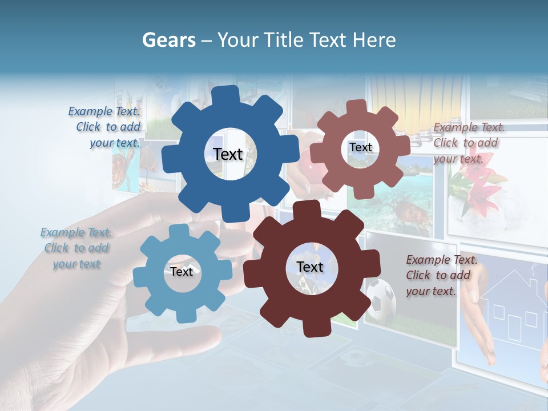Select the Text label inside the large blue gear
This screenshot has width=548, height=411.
[x=228, y=154]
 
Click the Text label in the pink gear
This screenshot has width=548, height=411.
[x=360, y=147]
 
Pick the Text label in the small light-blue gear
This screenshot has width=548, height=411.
[x=182, y=272]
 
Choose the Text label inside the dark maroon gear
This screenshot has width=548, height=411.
[x=309, y=267]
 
